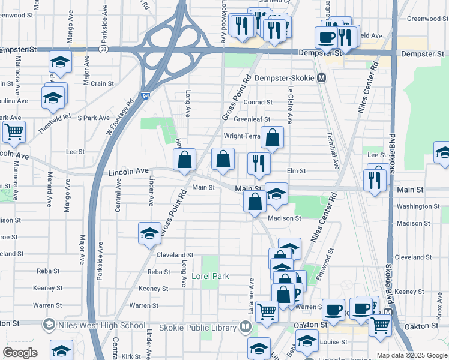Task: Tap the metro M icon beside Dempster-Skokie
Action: (322, 78)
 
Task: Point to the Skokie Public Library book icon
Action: (245, 327)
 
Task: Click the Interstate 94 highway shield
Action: (146, 95)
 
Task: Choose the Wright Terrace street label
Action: (242, 136)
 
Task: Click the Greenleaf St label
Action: (252, 119)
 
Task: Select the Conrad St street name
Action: (258, 103)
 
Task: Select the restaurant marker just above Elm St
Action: (259, 163)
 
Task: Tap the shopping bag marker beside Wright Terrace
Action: (272, 137)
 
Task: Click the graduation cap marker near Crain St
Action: (53, 97)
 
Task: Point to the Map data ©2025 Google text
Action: (412, 355)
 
